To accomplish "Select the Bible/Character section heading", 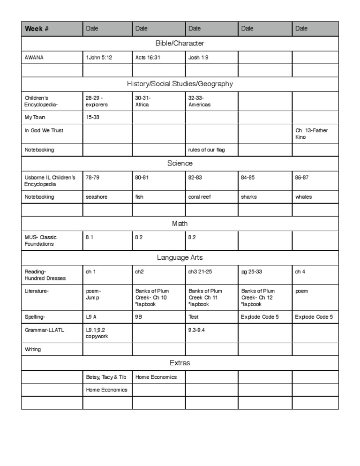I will pyautogui.click(x=180, y=44).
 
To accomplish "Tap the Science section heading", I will pyautogui.click(x=180, y=164).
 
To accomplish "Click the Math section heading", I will pyautogui.click(x=180, y=224).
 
